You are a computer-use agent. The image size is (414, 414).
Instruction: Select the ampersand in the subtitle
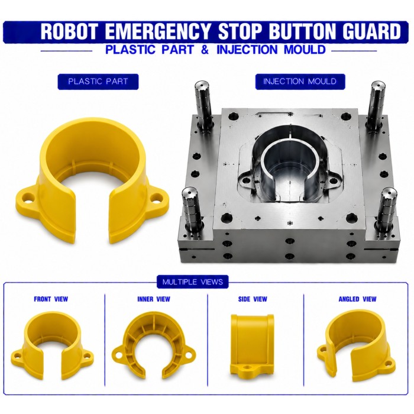[x=205, y=50]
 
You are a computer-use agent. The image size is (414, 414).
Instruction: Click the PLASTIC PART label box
[x=98, y=82]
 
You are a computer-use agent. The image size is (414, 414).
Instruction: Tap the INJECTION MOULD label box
[x=300, y=82]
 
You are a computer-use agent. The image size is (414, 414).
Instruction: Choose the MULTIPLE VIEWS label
[x=192, y=282]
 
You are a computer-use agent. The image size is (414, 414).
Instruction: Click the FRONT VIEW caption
[x=51, y=299]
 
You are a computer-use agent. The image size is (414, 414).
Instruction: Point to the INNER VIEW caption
[x=154, y=299]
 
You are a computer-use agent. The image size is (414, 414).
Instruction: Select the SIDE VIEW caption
[x=253, y=299]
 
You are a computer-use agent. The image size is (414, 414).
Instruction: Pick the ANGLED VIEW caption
[x=357, y=299]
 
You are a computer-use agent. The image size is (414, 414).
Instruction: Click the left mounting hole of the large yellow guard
[x=28, y=198]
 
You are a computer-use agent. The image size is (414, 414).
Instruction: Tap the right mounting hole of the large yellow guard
[x=157, y=198]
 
